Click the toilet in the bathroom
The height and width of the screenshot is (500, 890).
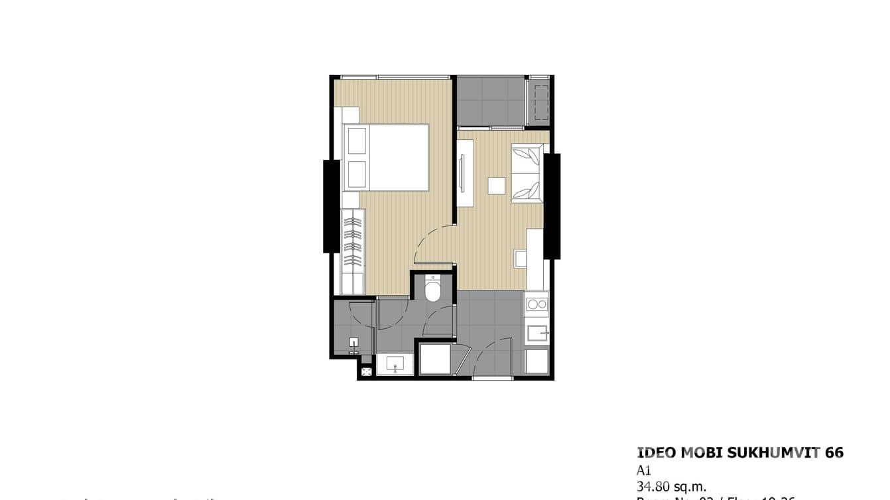(x=433, y=290)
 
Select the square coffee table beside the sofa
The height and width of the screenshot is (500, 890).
(x=496, y=186)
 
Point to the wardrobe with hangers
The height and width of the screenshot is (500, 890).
(x=353, y=251)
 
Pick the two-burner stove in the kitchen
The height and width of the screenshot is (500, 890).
(x=537, y=305)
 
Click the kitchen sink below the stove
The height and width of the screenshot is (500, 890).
(x=537, y=333)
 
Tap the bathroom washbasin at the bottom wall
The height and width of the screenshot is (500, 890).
(x=395, y=363)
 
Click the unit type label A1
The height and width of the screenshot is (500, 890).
(x=644, y=470)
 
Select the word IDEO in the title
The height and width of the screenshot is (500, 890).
(x=657, y=453)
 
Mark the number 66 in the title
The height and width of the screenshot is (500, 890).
(x=834, y=453)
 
